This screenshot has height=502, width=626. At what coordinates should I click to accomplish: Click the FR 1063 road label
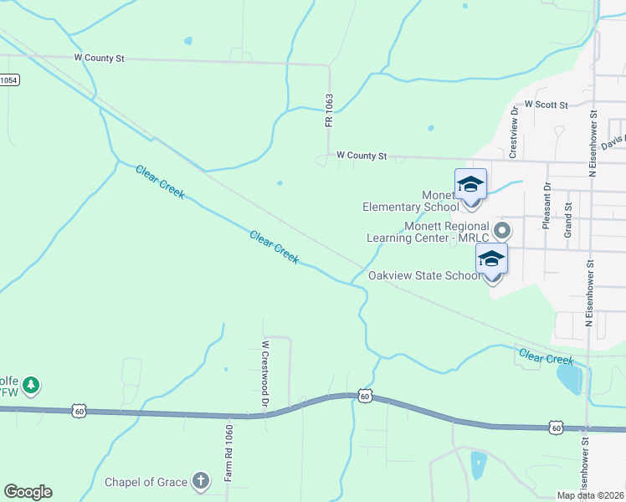tap(329, 110)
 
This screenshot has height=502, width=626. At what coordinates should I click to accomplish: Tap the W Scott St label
tap(546, 105)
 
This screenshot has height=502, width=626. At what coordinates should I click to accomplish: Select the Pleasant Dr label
tap(546, 206)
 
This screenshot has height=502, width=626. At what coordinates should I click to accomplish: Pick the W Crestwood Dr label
tap(264, 373)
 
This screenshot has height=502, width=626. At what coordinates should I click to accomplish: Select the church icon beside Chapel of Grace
tap(200, 481)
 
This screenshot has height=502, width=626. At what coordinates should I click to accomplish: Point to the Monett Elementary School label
tap(410, 201)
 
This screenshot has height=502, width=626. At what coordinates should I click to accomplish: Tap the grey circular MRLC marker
tap(502, 228)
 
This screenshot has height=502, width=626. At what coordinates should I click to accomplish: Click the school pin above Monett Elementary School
tap(470, 185)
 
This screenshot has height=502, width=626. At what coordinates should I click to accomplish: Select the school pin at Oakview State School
tap(491, 259)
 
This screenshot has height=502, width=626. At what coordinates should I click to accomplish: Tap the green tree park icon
tap(32, 385)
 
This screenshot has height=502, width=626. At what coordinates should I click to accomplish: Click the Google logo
tap(28, 492)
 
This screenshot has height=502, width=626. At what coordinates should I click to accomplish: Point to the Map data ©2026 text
tap(590, 495)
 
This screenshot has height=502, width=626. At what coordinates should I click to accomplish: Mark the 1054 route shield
tap(8, 79)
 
